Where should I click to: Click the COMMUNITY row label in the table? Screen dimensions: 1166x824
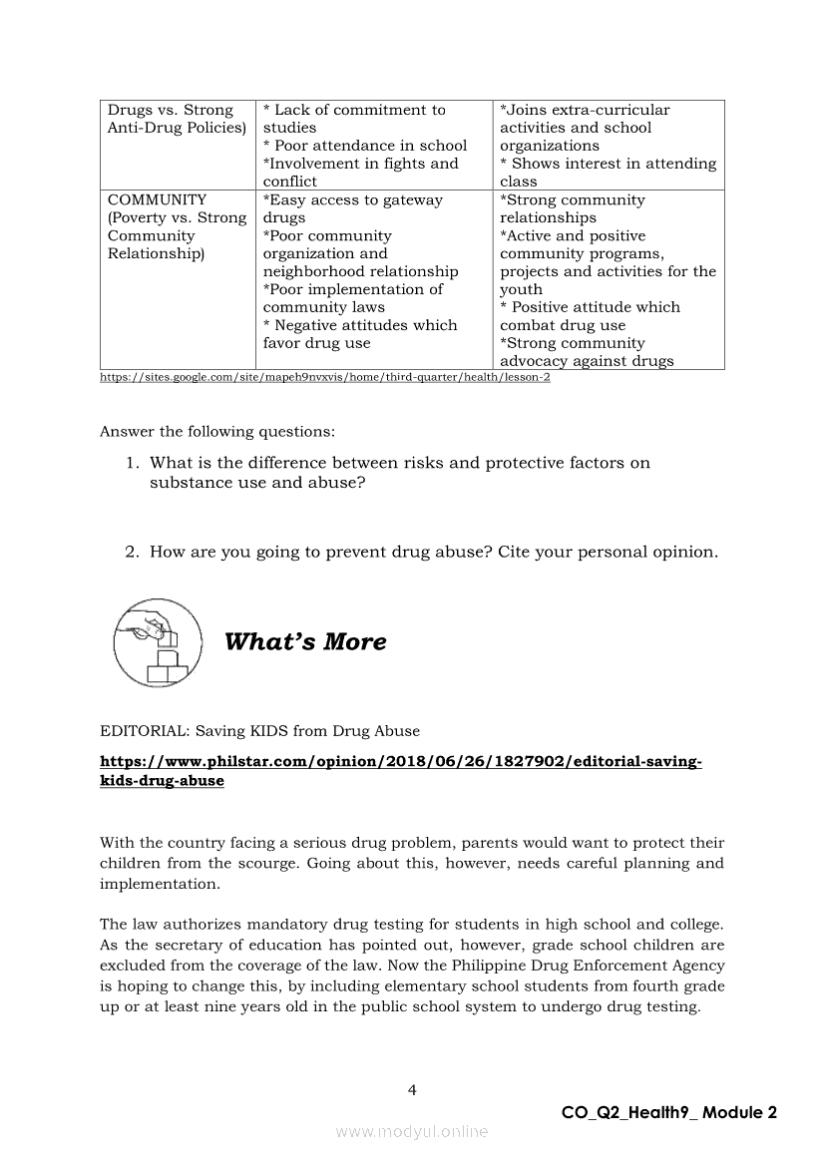coord(157,199)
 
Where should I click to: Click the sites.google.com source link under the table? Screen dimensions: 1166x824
coord(325,377)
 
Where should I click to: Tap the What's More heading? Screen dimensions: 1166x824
coord(305,641)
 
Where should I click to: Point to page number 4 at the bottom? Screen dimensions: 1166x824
coord(412,1090)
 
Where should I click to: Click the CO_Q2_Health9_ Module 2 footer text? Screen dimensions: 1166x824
coord(668,1113)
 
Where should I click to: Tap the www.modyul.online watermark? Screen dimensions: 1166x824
coord(412,1132)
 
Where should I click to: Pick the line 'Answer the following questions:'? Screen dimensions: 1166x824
coord(217,432)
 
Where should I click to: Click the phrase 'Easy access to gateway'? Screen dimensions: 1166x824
coord(354,199)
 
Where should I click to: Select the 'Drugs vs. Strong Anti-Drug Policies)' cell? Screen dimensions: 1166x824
coord(177,119)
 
